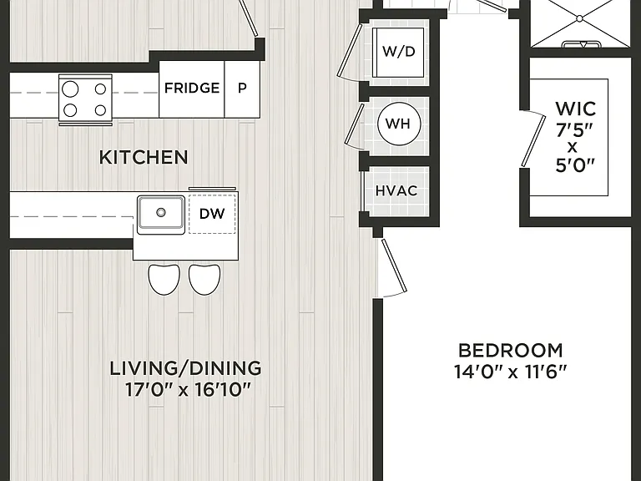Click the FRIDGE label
click(192, 88)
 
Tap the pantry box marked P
click(242, 89)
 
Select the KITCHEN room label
click(144, 158)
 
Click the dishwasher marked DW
click(212, 214)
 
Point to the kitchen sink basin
click(161, 215)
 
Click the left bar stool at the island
click(164, 280)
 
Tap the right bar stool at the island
click(204, 280)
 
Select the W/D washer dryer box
click(399, 52)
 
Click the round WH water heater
click(399, 124)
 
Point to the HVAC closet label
click(396, 191)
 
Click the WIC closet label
click(575, 109)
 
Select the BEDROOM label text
click(511, 351)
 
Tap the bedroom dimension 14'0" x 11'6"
click(511, 372)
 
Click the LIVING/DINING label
click(185, 368)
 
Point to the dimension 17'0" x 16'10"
click(187, 390)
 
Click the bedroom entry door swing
click(394, 266)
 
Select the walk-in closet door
click(533, 141)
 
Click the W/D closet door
click(350, 51)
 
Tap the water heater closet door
click(355, 124)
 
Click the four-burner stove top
click(85, 99)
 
